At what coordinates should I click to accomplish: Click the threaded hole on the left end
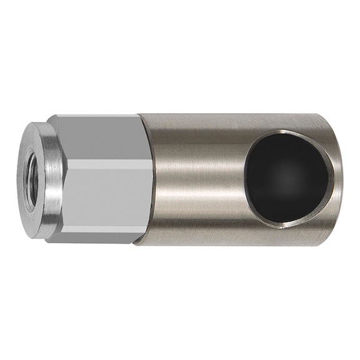pos(31,180)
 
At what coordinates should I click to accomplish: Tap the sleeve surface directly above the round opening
pos(287,122)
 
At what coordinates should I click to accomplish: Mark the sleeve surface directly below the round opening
pos(287,236)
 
